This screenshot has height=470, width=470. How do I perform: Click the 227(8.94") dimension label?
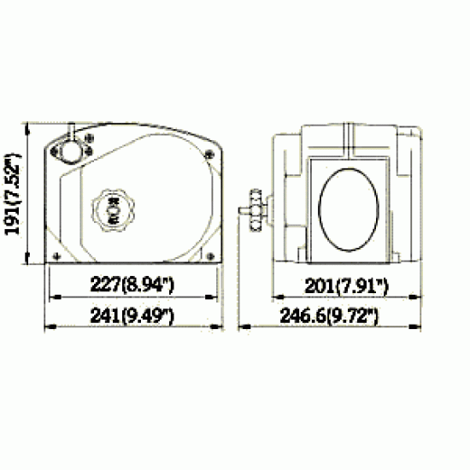pyautogui.click(x=132, y=285)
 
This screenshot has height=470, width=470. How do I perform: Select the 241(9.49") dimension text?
pyautogui.click(x=132, y=315)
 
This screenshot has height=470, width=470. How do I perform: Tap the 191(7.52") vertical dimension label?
pyautogui.click(x=13, y=194)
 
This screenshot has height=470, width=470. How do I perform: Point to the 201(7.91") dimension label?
pyautogui.click(x=346, y=286)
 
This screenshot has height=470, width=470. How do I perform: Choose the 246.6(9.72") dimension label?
pyautogui.click(x=329, y=315)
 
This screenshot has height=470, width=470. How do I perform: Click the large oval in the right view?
pyautogui.click(x=349, y=209)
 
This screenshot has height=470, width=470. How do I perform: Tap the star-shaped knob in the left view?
pyautogui.click(x=113, y=210)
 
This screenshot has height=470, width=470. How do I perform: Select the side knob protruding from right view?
pyautogui.click(x=254, y=210)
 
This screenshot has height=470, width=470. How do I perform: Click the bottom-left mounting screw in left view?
pyautogui.click(x=56, y=256)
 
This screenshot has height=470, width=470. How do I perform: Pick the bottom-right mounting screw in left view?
pyautogui.click(x=211, y=256)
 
